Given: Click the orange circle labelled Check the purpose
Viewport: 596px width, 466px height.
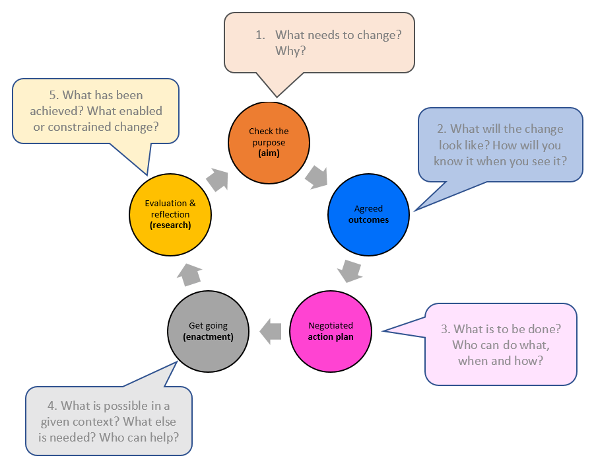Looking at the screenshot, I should [x=269, y=142].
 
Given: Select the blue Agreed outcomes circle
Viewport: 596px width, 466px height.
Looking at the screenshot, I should [x=368, y=215].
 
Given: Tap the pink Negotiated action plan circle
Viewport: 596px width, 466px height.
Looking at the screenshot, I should [x=330, y=330].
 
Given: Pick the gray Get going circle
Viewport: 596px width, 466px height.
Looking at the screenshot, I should [x=208, y=330].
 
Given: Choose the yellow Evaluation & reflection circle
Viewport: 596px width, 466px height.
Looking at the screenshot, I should [x=170, y=215].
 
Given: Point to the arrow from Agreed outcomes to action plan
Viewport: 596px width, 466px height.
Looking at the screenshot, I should [x=349, y=271].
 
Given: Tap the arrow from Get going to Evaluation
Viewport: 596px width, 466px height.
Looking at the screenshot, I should [x=189, y=272].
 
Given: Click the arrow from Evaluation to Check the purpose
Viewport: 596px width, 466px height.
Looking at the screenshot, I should [x=216, y=178].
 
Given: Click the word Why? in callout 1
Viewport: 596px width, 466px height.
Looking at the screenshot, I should [x=290, y=50].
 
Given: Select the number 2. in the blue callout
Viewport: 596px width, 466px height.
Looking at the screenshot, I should [x=441, y=130].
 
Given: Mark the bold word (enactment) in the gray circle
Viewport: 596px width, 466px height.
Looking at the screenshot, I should [x=208, y=336].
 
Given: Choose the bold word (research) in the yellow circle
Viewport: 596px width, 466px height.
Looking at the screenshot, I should [x=170, y=225].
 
